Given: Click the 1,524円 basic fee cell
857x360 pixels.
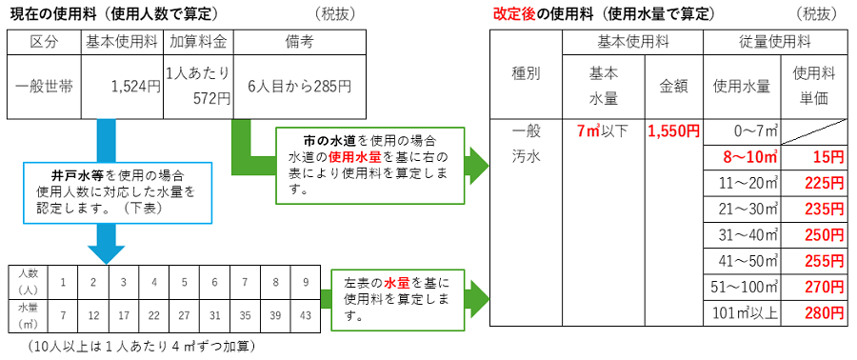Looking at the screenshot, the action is pyautogui.click(x=122, y=86).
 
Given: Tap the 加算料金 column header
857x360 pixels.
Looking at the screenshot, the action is pyautogui.click(x=198, y=42).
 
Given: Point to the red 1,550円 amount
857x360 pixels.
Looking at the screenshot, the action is pyautogui.click(x=673, y=130).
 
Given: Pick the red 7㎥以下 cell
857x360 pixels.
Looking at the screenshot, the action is pyautogui.click(x=604, y=130).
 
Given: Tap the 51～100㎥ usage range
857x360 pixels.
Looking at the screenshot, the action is pyautogui.click(x=742, y=286).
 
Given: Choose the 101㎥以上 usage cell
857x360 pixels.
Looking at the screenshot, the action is pyautogui.click(x=742, y=311).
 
